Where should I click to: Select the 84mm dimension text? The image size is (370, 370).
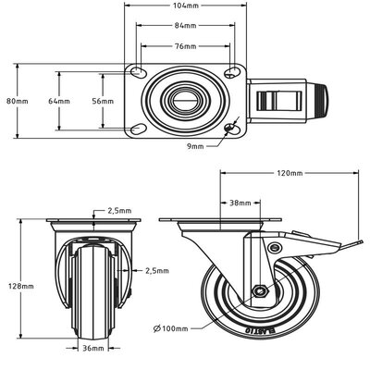tap(184, 26)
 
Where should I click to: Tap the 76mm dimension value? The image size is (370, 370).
tap(184, 45)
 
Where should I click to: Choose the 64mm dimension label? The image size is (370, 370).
tap(58, 100)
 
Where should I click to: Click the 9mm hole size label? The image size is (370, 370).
tap(221, 145)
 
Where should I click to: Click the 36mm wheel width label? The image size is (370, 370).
tap(92, 349)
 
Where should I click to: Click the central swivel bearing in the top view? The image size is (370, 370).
tap(184, 100)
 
